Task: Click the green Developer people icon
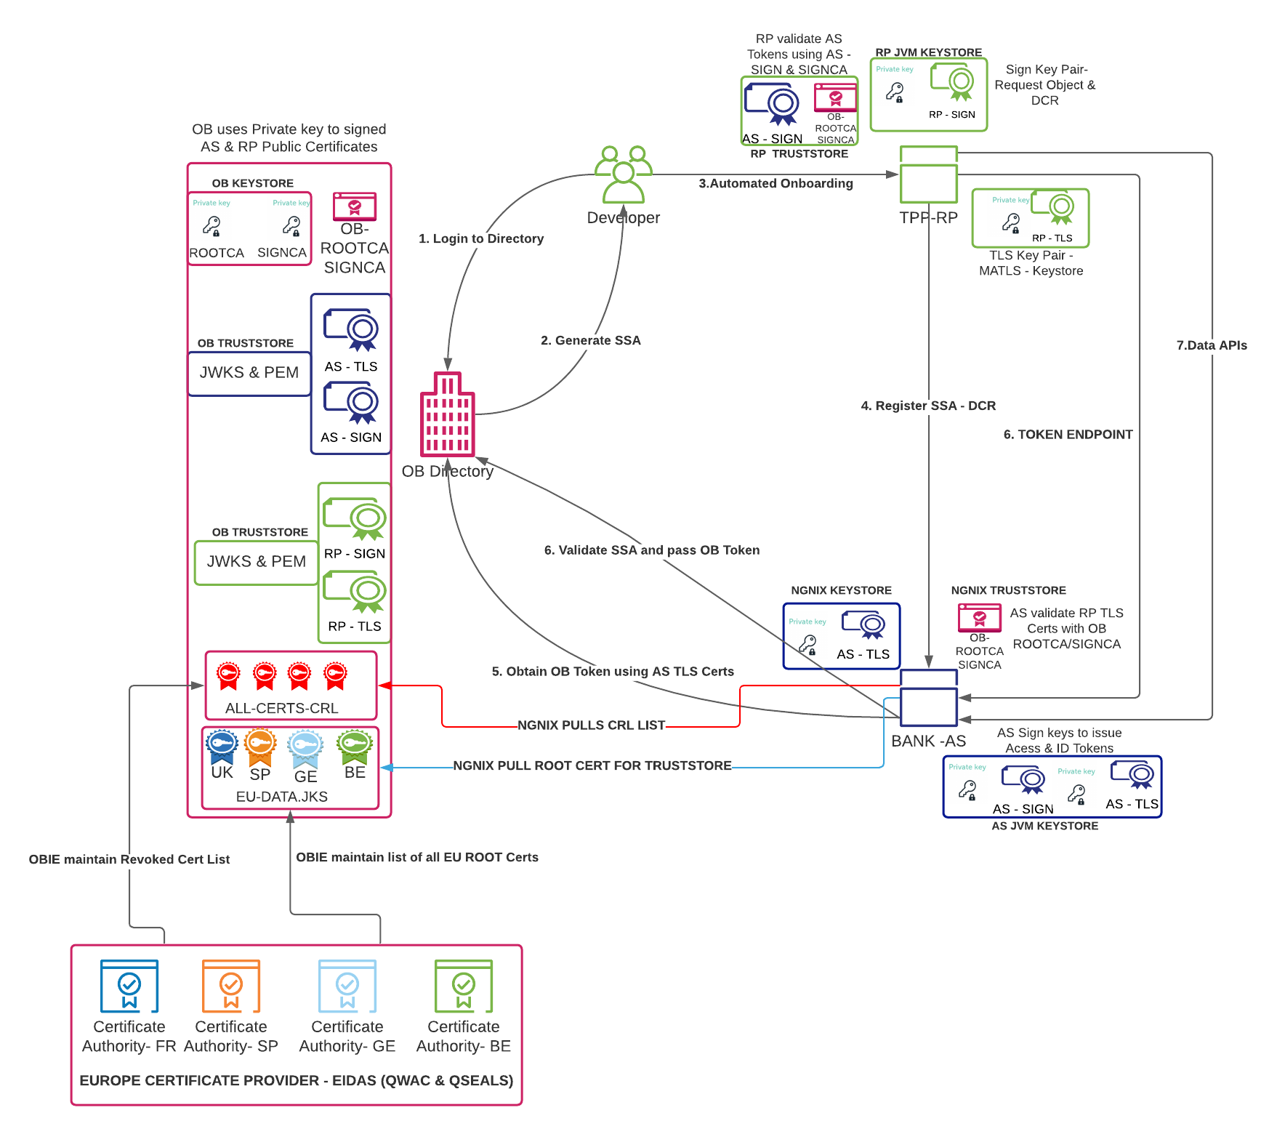[623, 174]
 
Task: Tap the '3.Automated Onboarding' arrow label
[776, 183]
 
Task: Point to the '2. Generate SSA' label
[590, 340]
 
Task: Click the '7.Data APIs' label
[1211, 345]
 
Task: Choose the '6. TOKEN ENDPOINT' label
[1068, 435]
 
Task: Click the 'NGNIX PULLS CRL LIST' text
[591, 725]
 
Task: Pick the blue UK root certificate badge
[222, 744]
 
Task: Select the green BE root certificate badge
[355, 744]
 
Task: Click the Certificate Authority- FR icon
[129, 986]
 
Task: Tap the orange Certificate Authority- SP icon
[231, 986]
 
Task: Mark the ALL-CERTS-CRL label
[281, 708]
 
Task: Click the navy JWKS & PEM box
[249, 373]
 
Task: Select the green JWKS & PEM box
[257, 562]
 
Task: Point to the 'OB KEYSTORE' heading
[252, 183]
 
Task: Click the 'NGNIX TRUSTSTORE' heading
[1008, 590]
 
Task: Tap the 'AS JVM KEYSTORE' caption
[1044, 826]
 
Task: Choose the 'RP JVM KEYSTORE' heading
[928, 52]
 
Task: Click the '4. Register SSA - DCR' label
[928, 406]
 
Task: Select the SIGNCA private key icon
[291, 226]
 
